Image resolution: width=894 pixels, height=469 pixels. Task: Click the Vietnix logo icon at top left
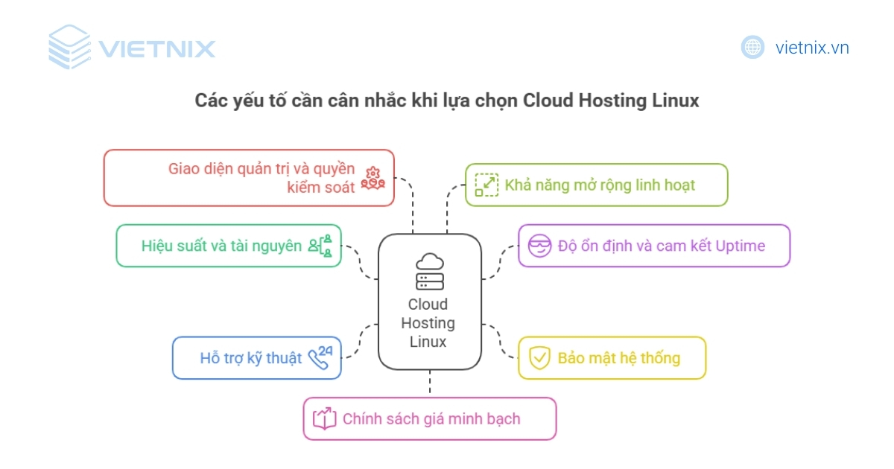pyautogui.click(x=69, y=48)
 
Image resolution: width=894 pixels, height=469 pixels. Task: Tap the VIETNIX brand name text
pyautogui.click(x=156, y=49)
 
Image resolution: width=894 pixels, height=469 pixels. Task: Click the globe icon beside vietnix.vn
pyautogui.click(x=752, y=48)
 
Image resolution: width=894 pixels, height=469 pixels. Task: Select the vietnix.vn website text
pyautogui.click(x=812, y=48)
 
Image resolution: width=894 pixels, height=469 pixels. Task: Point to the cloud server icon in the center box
pyautogui.click(x=430, y=272)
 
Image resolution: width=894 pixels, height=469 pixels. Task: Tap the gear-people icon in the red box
pyautogui.click(x=372, y=179)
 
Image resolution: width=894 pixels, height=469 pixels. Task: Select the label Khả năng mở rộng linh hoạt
pyautogui.click(x=600, y=185)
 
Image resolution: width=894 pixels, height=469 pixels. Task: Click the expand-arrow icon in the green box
pyautogui.click(x=486, y=185)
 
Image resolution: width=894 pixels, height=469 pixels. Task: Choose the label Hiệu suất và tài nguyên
pyautogui.click(x=221, y=246)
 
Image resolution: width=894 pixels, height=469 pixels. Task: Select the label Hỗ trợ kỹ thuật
pyautogui.click(x=251, y=358)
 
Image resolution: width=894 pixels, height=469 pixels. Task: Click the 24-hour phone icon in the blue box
pyautogui.click(x=320, y=357)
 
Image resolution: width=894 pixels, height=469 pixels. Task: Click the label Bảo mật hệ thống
pyautogui.click(x=618, y=358)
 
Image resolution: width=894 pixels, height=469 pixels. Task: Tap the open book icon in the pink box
pyautogui.click(x=324, y=418)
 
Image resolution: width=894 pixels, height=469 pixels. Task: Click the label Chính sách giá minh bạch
pyautogui.click(x=431, y=418)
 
